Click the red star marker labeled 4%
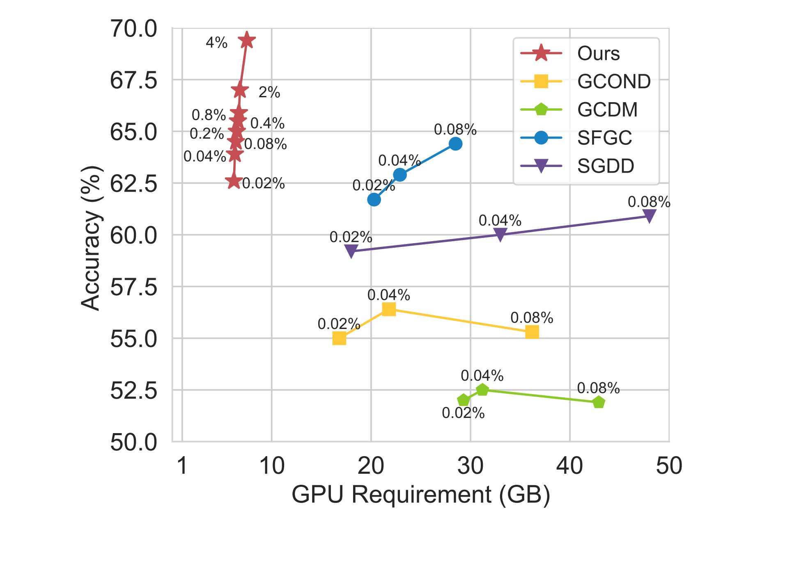tap(247, 40)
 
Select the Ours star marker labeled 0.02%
tap(234, 181)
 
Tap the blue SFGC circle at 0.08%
tap(455, 144)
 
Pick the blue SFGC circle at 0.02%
tap(374, 200)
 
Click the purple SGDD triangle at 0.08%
tap(649, 215)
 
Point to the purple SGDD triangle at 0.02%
tap(351, 251)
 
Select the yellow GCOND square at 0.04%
tap(388, 309)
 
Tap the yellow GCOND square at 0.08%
tap(532, 332)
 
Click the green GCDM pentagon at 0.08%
tap(599, 402)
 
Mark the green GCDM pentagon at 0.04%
tap(482, 389)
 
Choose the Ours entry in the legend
tap(598, 54)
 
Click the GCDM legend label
tap(607, 110)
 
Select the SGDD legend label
tap(606, 166)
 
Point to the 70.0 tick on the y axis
tap(133, 29)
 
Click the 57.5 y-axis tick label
tap(133, 287)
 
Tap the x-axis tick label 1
tap(182, 466)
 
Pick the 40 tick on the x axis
tap(569, 466)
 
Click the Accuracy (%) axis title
tap(91, 238)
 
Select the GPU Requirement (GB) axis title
tap(421, 494)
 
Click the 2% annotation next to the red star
tap(269, 92)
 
